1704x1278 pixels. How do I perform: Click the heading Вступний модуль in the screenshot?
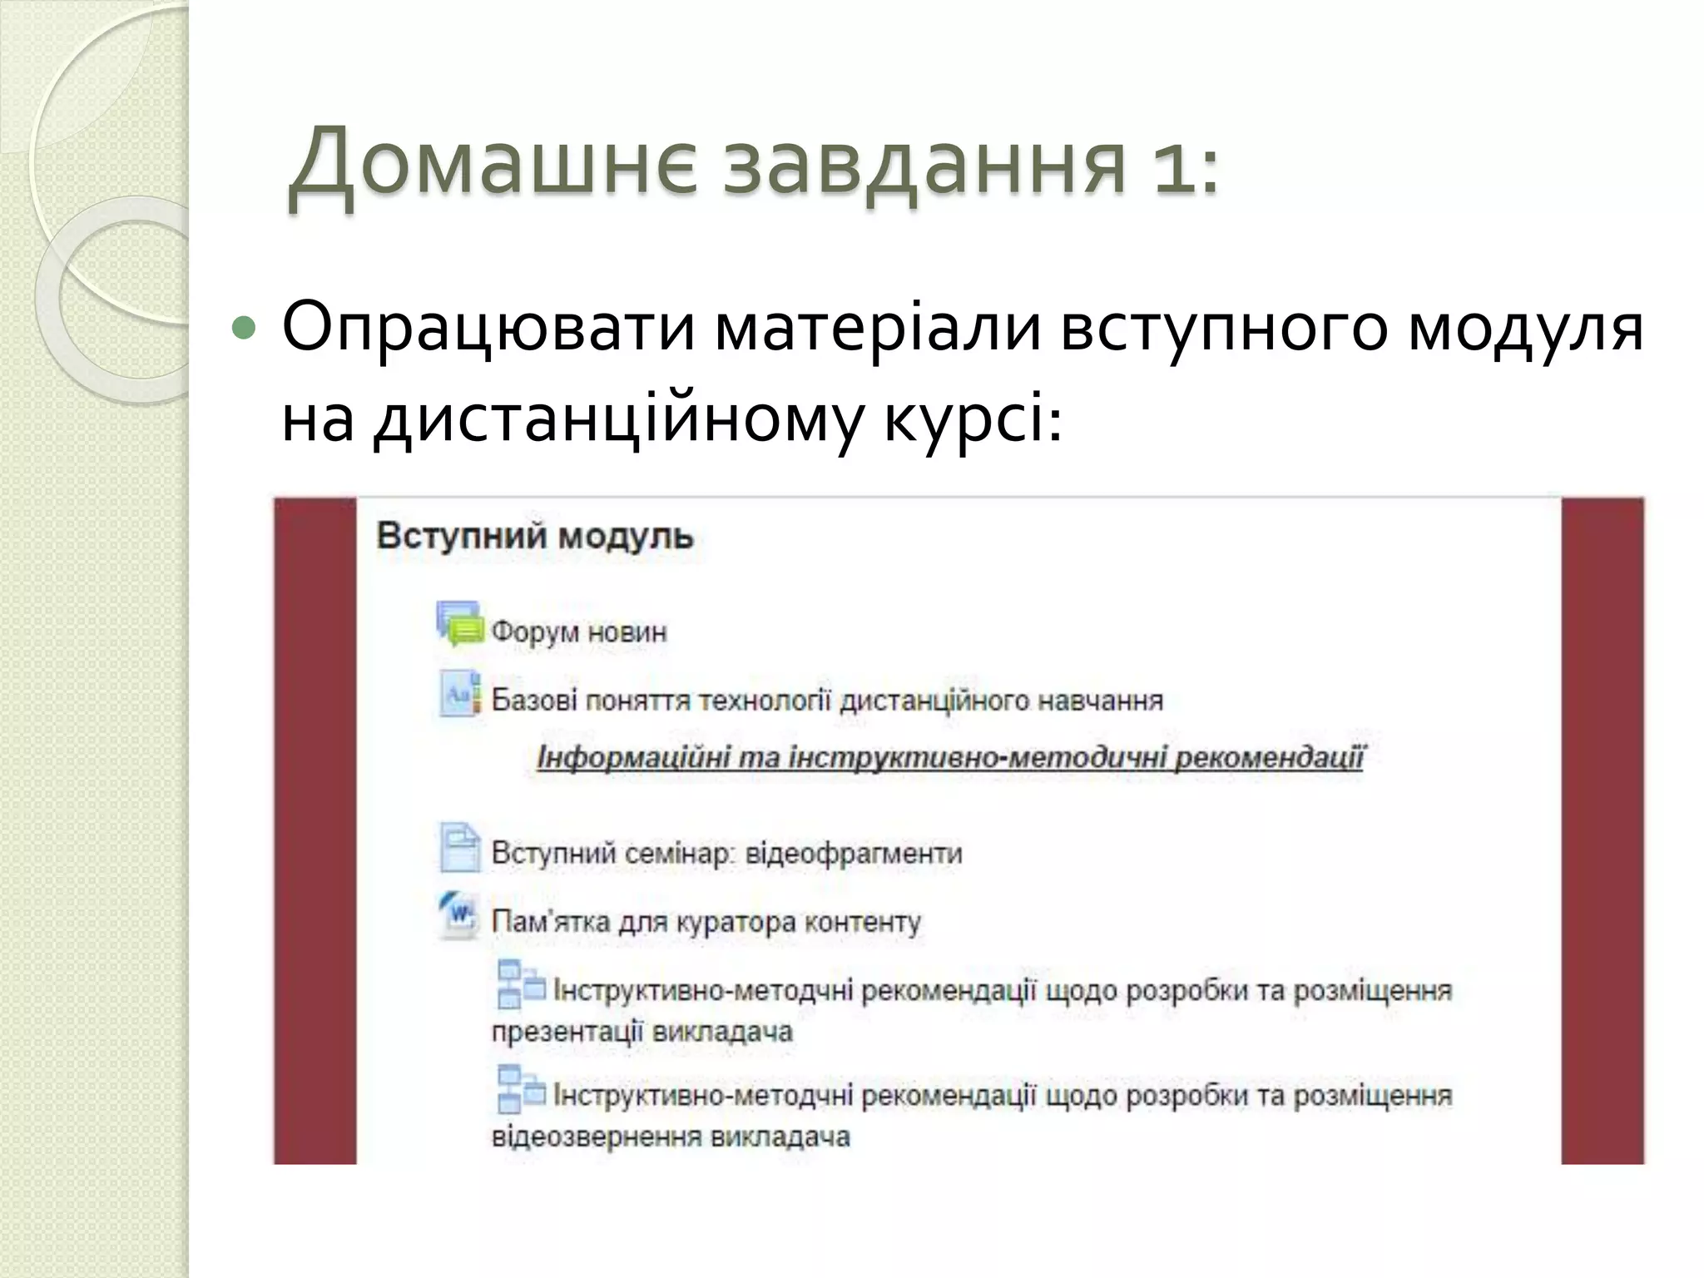tap(535, 537)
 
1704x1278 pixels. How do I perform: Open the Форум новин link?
tap(579, 632)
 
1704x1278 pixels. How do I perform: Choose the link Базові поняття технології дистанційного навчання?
tap(827, 701)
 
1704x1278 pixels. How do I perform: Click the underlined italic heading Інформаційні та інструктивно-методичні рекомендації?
tap(950, 758)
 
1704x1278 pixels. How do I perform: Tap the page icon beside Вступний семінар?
tap(459, 847)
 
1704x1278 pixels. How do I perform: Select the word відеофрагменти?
tap(854, 854)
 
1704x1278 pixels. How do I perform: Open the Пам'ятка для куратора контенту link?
tap(706, 922)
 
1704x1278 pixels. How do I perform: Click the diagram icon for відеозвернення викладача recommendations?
tap(519, 1089)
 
